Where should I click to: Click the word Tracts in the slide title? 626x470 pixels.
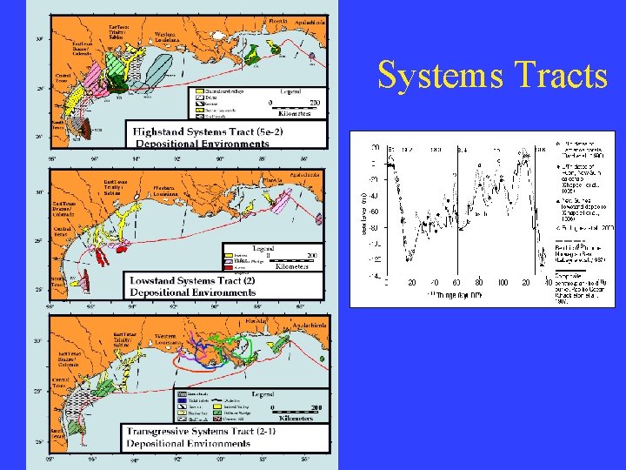(x=562, y=77)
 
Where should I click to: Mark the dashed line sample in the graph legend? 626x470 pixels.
(x=570, y=240)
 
